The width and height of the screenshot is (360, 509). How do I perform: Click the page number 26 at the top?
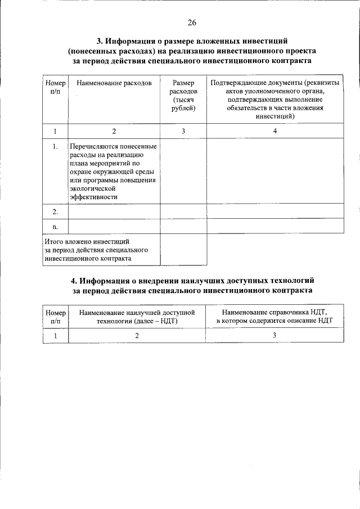[x=192, y=23]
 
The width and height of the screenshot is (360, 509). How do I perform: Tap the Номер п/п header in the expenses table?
[x=55, y=88]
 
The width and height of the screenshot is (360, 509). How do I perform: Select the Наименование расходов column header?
[x=114, y=83]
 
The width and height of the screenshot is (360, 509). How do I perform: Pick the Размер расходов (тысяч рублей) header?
[x=183, y=96]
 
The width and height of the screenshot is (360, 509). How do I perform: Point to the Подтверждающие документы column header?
[x=276, y=100]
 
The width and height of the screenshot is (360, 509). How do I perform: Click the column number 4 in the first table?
[x=275, y=131]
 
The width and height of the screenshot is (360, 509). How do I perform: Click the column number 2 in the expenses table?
[x=114, y=131]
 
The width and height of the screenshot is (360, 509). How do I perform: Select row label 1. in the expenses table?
[x=55, y=147]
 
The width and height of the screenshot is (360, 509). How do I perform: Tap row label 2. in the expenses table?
[x=55, y=211]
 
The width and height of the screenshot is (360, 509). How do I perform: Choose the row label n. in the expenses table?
[x=55, y=226]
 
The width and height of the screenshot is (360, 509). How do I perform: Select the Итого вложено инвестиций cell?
[x=101, y=249]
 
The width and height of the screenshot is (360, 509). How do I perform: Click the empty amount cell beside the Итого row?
[x=183, y=249]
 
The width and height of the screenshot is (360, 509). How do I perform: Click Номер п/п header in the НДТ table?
[x=55, y=316]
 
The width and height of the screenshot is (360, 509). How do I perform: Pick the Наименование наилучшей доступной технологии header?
[x=137, y=316]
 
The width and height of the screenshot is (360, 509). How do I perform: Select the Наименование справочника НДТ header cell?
[x=274, y=316]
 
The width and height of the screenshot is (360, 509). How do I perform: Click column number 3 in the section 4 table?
[x=274, y=335]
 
